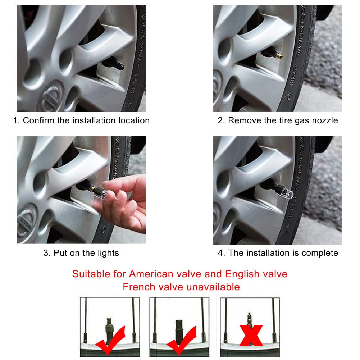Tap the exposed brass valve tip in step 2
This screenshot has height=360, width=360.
(x=279, y=56)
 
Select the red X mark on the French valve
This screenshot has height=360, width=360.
(x=251, y=336)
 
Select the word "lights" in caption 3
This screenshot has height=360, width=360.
(x=108, y=253)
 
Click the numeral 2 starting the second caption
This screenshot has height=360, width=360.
(x=220, y=120)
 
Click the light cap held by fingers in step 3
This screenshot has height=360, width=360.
(x=100, y=193)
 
